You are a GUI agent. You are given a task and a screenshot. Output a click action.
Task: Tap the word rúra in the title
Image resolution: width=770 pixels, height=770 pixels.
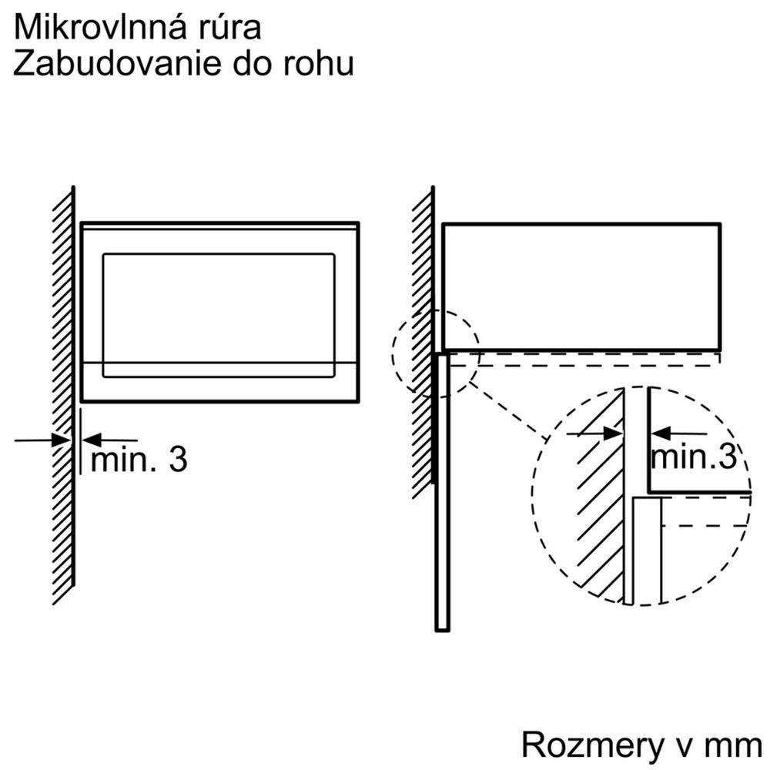point(229,28)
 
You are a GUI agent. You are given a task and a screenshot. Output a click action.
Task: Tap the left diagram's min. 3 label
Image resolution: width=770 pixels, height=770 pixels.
point(139,460)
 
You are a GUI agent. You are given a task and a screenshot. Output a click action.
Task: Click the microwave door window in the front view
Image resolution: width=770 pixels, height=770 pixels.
point(219,306)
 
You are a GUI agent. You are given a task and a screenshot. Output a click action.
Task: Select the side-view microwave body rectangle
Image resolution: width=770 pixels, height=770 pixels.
point(581,285)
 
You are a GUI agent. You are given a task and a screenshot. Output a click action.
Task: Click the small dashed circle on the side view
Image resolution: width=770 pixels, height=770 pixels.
point(436,353)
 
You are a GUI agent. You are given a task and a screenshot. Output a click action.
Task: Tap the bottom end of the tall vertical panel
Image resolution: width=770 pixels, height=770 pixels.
point(442,625)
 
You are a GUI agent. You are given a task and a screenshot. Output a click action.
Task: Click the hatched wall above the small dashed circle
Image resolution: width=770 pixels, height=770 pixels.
point(422,246)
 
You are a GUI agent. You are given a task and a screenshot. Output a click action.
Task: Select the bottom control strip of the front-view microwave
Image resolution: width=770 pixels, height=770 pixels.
point(219,381)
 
